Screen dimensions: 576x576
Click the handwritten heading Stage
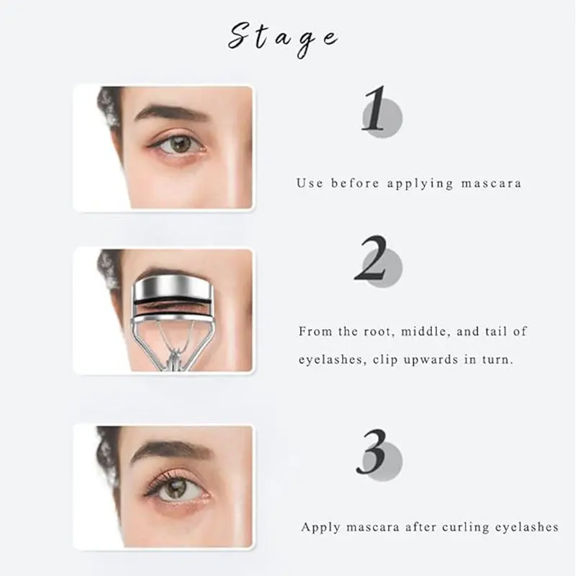282,40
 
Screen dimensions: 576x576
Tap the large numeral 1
374,109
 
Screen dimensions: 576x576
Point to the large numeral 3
372,452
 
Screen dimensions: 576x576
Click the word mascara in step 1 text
491,183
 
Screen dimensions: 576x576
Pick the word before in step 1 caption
355,183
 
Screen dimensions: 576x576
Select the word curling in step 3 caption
465,527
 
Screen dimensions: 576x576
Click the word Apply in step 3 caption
320,528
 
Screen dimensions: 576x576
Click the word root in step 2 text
380,332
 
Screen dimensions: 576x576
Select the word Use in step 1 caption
310,183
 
